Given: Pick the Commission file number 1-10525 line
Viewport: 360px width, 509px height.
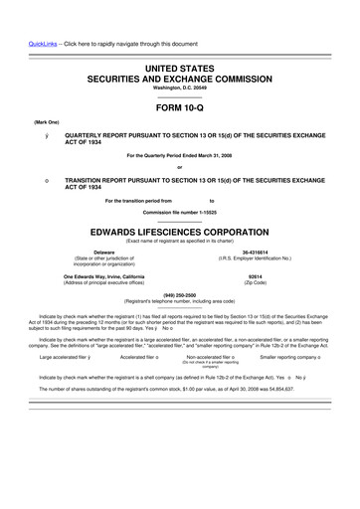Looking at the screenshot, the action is coord(179,213).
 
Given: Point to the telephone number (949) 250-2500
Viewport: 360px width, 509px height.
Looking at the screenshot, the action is coord(179,294).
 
